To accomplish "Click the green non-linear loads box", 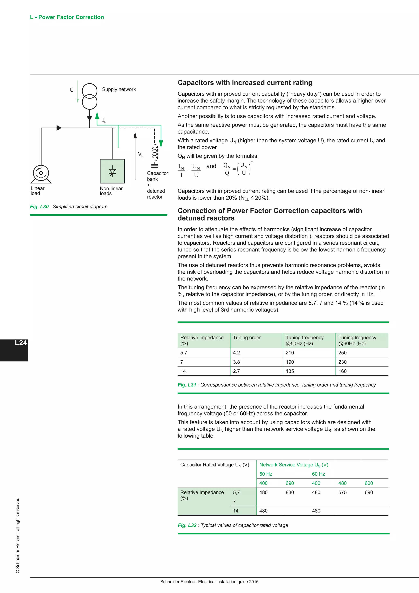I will (112, 171).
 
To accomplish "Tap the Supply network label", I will (119, 89).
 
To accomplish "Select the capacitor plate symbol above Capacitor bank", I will (154, 166).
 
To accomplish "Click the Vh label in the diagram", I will (140, 154).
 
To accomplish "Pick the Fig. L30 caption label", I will (39, 207).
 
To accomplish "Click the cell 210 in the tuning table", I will (290, 353).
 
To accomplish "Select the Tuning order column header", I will (247, 338).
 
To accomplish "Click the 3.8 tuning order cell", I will (236, 362).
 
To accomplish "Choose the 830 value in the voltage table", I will (290, 492).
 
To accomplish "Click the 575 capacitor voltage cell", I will (342, 492).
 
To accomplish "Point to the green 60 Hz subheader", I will (318, 474).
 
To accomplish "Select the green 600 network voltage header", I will (369, 483).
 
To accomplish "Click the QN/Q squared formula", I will (238, 169).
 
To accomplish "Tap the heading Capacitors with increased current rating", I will (245, 83).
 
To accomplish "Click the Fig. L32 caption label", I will (187, 525).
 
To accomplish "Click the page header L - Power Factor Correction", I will (67, 17).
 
